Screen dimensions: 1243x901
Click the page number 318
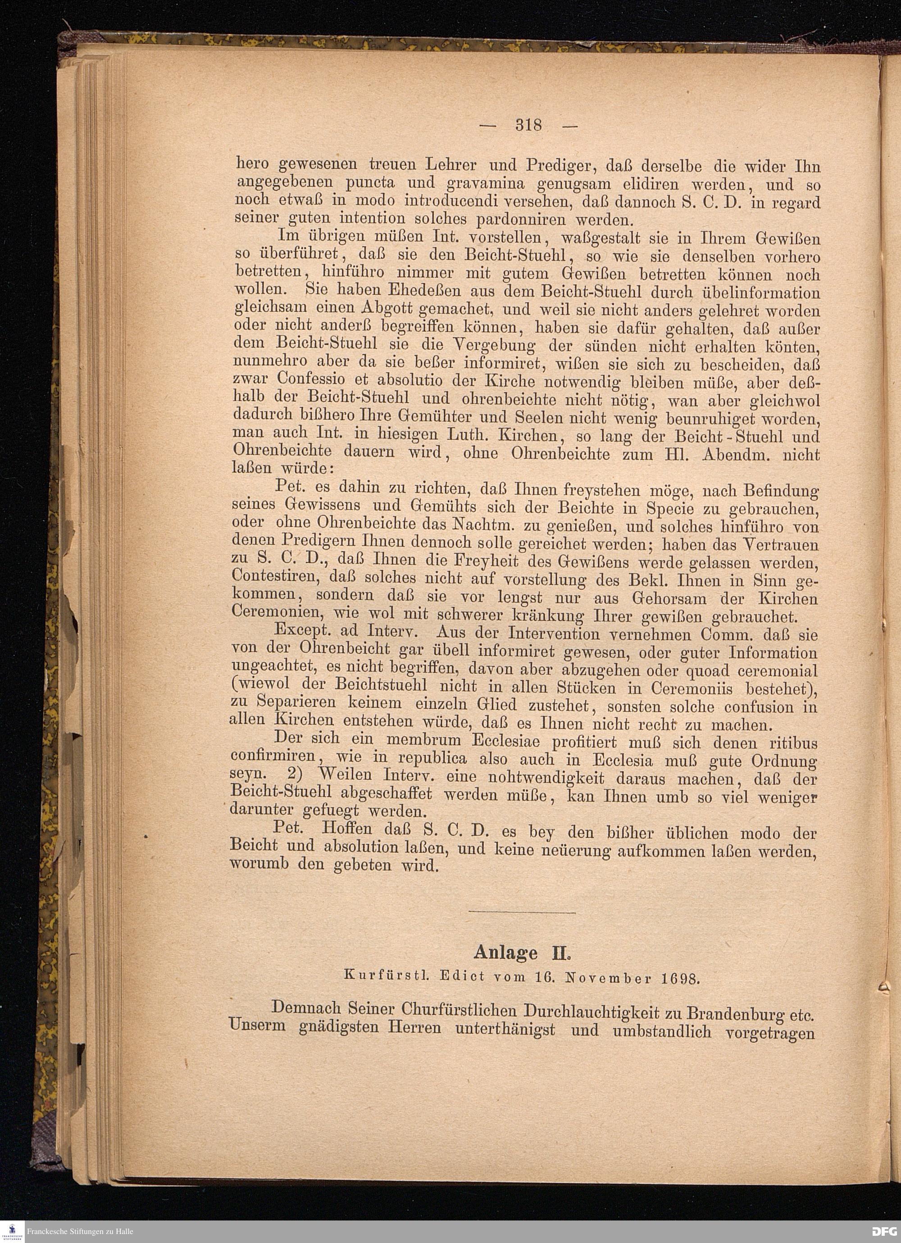click(528, 126)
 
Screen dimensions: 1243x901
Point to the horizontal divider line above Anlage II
click(523, 913)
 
